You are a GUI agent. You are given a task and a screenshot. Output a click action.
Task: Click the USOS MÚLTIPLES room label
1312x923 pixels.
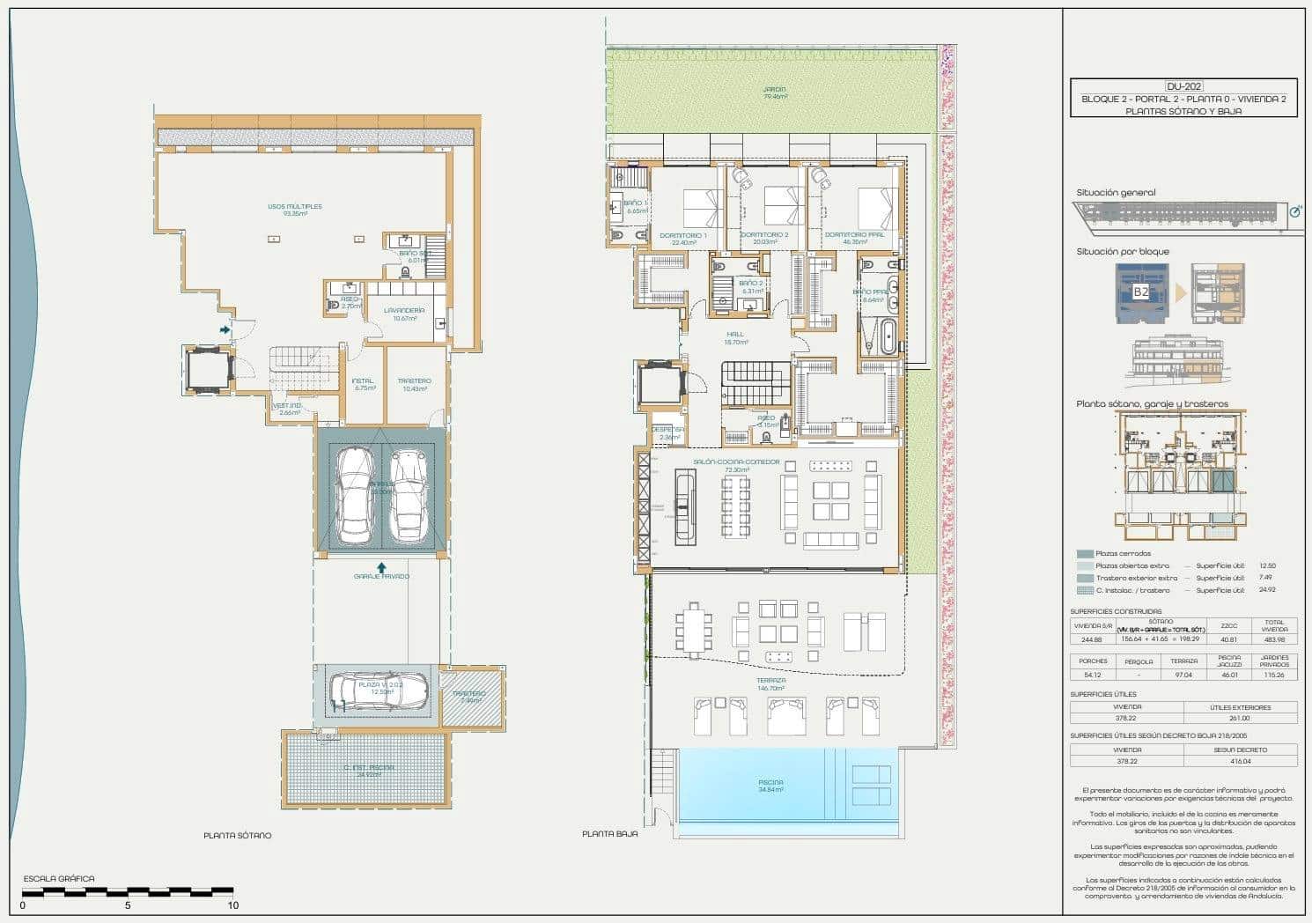pos(295,207)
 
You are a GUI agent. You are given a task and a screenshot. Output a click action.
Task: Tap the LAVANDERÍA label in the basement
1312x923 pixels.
pos(404,310)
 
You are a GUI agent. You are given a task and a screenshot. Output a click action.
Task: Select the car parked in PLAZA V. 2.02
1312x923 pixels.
pos(378,690)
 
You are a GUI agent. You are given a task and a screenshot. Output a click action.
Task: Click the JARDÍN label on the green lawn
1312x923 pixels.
pos(774,90)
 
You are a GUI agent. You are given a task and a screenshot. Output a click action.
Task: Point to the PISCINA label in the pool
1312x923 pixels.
pos(770,782)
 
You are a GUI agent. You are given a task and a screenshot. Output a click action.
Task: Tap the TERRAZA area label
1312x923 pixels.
pos(770,681)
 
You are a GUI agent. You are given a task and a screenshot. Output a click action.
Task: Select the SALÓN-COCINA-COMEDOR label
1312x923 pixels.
pos(736,461)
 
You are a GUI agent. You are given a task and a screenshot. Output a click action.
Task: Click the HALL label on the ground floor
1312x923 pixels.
pos(735,335)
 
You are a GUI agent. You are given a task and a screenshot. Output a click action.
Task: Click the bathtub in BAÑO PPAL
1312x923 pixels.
pos(888,337)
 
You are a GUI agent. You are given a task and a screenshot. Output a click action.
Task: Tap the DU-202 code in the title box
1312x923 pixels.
pos(1183,86)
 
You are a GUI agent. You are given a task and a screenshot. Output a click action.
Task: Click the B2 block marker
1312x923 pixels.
pos(1140,292)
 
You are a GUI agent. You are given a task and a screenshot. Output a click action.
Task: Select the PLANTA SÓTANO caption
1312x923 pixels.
pos(237,835)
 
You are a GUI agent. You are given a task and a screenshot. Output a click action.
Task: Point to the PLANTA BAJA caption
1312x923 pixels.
pos(609,833)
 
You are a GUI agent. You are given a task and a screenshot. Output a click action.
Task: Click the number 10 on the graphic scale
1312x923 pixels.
pos(232,905)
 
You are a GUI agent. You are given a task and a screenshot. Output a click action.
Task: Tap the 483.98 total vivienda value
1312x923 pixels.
pos(1274,639)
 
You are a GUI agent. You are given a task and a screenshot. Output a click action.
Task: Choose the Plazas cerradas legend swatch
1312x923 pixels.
pos(1085,554)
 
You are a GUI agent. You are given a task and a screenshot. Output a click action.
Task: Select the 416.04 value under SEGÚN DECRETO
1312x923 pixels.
pos(1240,761)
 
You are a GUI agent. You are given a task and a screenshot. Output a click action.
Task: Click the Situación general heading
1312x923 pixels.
pos(1116,192)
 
